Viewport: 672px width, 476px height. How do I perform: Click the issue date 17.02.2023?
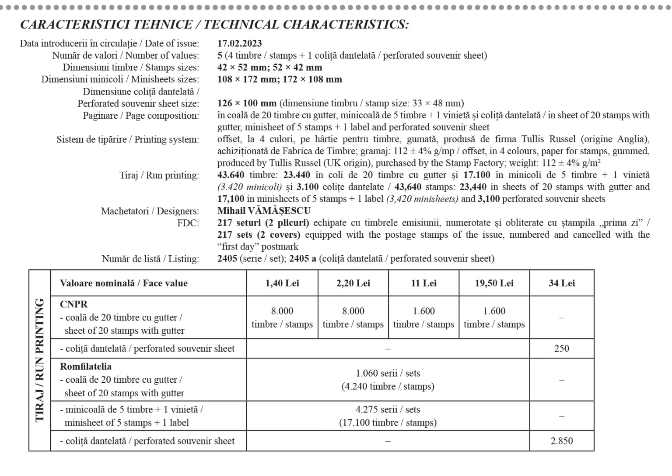click(x=239, y=43)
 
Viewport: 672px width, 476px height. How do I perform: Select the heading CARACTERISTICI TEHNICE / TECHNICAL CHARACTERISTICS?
click(x=214, y=25)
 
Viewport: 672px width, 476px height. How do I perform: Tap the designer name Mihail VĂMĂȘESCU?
click(x=264, y=211)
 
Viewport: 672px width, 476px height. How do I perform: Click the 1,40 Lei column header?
click(x=282, y=283)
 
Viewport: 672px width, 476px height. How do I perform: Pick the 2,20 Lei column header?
click(x=353, y=283)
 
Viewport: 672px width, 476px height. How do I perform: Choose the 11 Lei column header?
click(x=423, y=283)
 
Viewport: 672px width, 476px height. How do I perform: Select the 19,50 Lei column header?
click(x=494, y=283)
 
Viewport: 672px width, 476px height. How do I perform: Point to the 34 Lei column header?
click(x=562, y=283)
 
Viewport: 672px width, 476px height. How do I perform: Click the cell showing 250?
click(x=562, y=349)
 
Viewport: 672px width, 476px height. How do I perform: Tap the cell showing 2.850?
click(x=562, y=441)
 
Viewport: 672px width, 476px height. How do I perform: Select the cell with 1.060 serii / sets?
click(x=388, y=374)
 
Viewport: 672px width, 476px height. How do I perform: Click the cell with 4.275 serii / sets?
click(x=388, y=410)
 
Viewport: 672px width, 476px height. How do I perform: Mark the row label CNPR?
click(x=73, y=304)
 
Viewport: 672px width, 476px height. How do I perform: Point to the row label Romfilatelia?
click(x=86, y=367)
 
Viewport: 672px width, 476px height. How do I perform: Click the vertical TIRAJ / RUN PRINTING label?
click(x=40, y=360)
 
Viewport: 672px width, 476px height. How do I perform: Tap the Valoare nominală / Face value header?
click(x=124, y=283)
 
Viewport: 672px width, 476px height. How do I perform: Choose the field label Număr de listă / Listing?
click(x=150, y=259)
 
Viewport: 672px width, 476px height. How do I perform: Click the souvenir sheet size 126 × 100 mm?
click(x=247, y=103)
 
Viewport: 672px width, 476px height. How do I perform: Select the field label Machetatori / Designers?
click(x=150, y=211)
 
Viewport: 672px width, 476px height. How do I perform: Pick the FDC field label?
click(x=188, y=223)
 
